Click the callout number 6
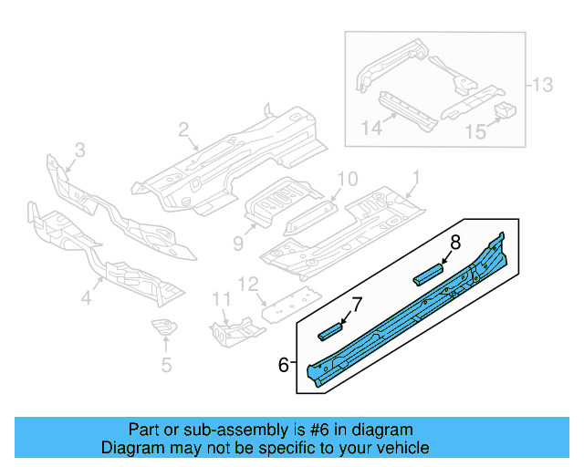284,365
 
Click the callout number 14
370,128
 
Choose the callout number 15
475,132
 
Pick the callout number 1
416,176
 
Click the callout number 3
79,150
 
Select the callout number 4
86,297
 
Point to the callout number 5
165,366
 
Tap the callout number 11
222,299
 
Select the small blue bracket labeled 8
428,274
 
